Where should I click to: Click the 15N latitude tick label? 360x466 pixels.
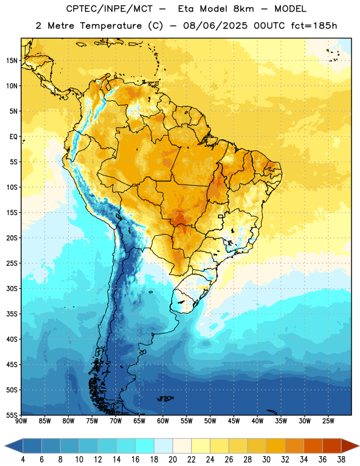click(x=12, y=61)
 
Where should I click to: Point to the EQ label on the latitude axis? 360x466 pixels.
click(x=13, y=137)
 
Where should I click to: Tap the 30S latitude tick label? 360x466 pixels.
click(x=12, y=288)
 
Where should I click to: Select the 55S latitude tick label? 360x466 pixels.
click(x=12, y=415)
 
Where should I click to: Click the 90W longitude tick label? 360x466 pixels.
click(x=21, y=421)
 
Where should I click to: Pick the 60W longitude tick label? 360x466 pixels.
click(x=163, y=421)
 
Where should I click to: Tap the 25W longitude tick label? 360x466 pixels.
click(x=328, y=421)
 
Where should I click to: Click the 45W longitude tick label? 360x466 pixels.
click(x=234, y=421)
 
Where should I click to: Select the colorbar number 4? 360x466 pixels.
click(x=23, y=460)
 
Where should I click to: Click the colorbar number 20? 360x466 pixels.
click(x=172, y=460)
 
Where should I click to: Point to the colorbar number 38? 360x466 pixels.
click(x=341, y=460)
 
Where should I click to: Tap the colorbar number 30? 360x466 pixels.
click(x=266, y=460)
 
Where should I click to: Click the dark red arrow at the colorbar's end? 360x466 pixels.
click(x=350, y=446)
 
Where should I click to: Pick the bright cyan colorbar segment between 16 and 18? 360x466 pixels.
click(x=144, y=446)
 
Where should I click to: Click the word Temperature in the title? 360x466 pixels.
click(x=111, y=26)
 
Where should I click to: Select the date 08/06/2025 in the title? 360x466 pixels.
click(x=215, y=26)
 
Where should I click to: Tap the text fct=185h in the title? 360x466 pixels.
click(x=314, y=26)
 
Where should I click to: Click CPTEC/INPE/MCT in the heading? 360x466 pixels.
click(x=110, y=9)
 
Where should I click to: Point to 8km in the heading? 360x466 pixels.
click(x=243, y=9)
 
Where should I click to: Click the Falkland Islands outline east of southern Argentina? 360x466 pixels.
click(x=165, y=398)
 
